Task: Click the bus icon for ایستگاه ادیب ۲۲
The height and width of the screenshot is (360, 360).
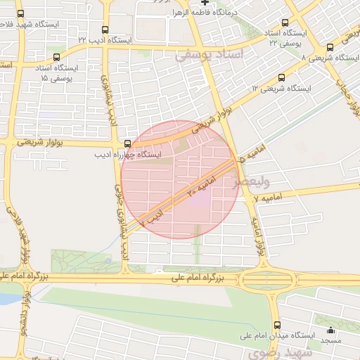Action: [x=105, y=30]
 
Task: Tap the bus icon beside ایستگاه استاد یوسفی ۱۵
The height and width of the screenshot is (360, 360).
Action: [x=57, y=58]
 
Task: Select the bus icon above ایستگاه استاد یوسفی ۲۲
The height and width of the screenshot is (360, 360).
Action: [x=285, y=23]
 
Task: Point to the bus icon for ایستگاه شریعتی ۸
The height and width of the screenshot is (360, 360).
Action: [x=330, y=48]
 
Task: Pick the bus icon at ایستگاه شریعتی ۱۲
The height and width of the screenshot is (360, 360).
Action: [x=282, y=77]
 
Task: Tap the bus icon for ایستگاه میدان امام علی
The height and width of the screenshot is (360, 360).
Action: [x=277, y=325]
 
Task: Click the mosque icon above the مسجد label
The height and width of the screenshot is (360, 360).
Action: [x=330, y=330]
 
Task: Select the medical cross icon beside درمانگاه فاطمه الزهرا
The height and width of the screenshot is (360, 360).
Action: [x=205, y=3]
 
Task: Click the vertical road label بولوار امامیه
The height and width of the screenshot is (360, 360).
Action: [x=260, y=239]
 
